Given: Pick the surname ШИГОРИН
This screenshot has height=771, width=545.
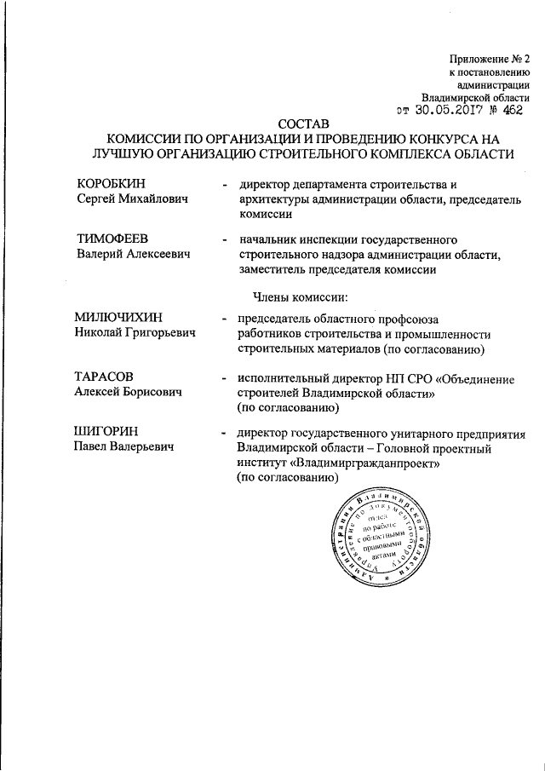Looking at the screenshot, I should click(x=106, y=433).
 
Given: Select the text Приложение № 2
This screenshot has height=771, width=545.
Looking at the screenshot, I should click(x=490, y=59).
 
